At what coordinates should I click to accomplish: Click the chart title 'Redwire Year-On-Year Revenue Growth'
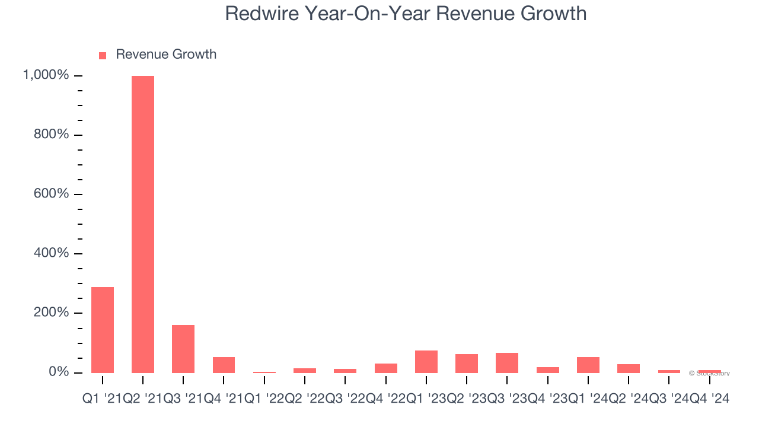coord(406,14)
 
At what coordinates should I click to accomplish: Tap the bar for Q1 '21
coord(103,330)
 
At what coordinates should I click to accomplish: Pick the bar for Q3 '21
coord(183,349)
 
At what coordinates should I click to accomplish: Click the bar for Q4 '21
coord(224,365)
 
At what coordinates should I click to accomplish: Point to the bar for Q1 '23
coord(426,362)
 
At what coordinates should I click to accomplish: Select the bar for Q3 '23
coord(507,363)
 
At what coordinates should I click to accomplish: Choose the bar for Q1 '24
coord(588,365)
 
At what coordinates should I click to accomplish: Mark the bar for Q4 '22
coord(386,368)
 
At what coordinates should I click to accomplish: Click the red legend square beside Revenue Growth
coord(103,55)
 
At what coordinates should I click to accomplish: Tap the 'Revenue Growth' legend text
coord(166,55)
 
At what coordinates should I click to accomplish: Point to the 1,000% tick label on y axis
coord(46,75)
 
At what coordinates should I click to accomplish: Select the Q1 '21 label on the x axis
coord(101,400)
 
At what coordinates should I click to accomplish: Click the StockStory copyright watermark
coord(710,374)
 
